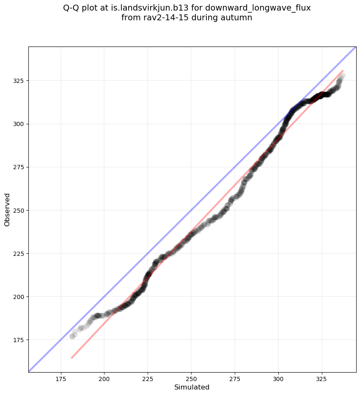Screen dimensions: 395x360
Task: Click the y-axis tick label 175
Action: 20,340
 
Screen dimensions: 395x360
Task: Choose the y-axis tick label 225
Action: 20,253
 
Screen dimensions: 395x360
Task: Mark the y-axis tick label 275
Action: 20,167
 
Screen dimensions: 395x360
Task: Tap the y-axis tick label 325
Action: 20,81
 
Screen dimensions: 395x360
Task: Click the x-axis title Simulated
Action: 192,387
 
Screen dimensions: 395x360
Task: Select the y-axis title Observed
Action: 7,210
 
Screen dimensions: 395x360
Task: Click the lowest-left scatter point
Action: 72,336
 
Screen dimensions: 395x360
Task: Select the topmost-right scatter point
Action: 343,76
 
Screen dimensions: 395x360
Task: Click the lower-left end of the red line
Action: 71,358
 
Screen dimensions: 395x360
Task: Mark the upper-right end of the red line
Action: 343,71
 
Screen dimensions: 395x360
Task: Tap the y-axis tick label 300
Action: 20,124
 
